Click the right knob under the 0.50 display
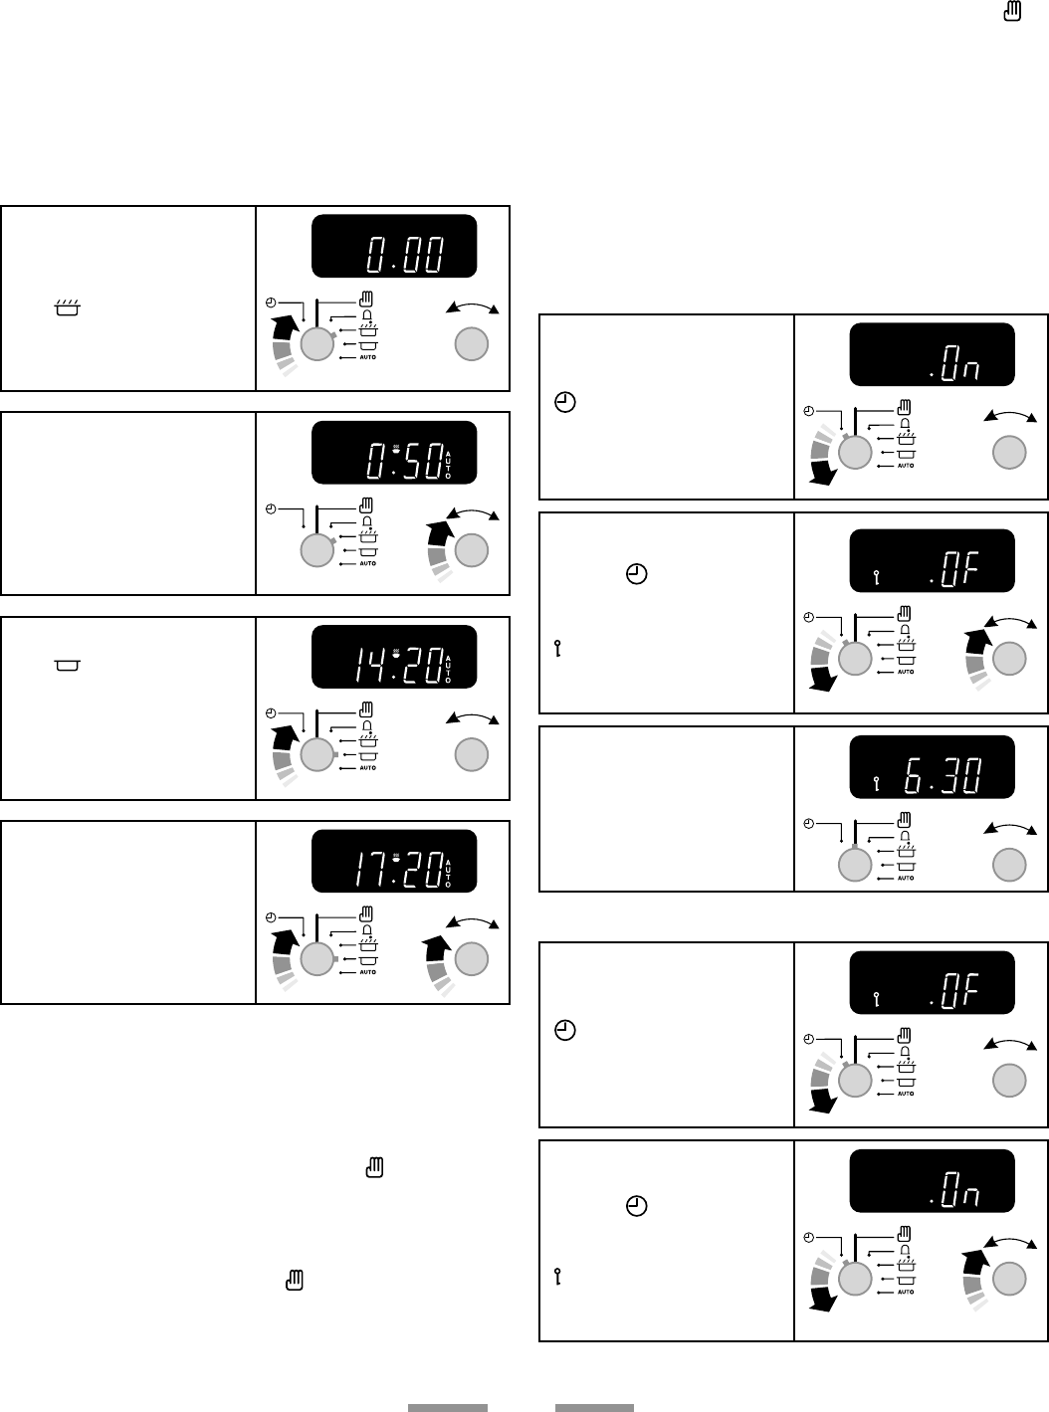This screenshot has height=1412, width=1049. (472, 550)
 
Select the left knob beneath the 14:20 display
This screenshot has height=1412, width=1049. (315, 756)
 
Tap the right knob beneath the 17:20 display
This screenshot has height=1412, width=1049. (472, 959)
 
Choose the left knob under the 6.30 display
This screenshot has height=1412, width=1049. (854, 864)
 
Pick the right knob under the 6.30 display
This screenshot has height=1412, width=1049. (1009, 864)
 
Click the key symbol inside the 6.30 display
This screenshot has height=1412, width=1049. (876, 782)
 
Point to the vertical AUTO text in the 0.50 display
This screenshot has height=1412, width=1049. (448, 466)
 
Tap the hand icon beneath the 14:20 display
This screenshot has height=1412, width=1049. (367, 708)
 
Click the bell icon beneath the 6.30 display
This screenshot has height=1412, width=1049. (905, 836)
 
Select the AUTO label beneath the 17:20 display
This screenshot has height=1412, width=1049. (367, 972)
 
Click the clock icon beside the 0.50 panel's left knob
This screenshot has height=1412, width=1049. (270, 508)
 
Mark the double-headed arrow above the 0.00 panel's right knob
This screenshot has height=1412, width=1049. (472, 306)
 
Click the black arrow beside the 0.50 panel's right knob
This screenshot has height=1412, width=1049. (439, 533)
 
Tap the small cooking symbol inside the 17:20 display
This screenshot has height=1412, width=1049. (396, 856)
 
